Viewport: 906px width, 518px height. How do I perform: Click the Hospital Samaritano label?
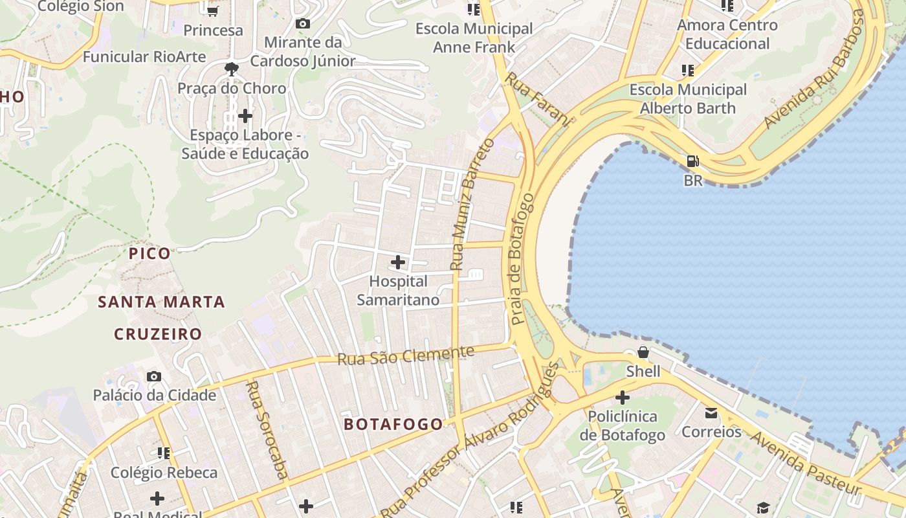[x=398, y=291]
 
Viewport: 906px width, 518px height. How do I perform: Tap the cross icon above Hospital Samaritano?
[x=398, y=262]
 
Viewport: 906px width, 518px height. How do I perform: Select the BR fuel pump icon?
[x=692, y=161]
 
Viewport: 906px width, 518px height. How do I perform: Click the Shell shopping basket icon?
[x=643, y=352]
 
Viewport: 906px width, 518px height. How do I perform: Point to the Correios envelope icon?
[x=711, y=412]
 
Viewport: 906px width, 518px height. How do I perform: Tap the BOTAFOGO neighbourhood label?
[x=393, y=424]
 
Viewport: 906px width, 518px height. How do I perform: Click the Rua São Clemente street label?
[x=406, y=355]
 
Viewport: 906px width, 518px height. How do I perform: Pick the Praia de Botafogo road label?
[x=522, y=259]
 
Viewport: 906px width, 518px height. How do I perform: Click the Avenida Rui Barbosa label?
[x=817, y=70]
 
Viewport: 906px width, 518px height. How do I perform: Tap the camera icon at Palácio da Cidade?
[x=154, y=376]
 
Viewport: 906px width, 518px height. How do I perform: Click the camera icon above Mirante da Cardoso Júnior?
[x=302, y=24]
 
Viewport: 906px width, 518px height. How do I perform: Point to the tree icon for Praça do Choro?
[x=231, y=69]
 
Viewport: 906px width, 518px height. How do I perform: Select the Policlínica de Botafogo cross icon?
[x=623, y=397]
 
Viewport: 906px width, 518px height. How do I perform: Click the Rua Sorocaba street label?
[x=267, y=430]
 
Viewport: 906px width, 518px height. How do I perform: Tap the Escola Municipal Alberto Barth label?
[x=688, y=98]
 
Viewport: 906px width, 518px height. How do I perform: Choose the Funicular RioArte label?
[x=144, y=56]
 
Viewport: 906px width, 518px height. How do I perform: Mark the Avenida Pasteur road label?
[x=806, y=463]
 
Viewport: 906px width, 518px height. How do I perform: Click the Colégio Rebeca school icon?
[x=164, y=453]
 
